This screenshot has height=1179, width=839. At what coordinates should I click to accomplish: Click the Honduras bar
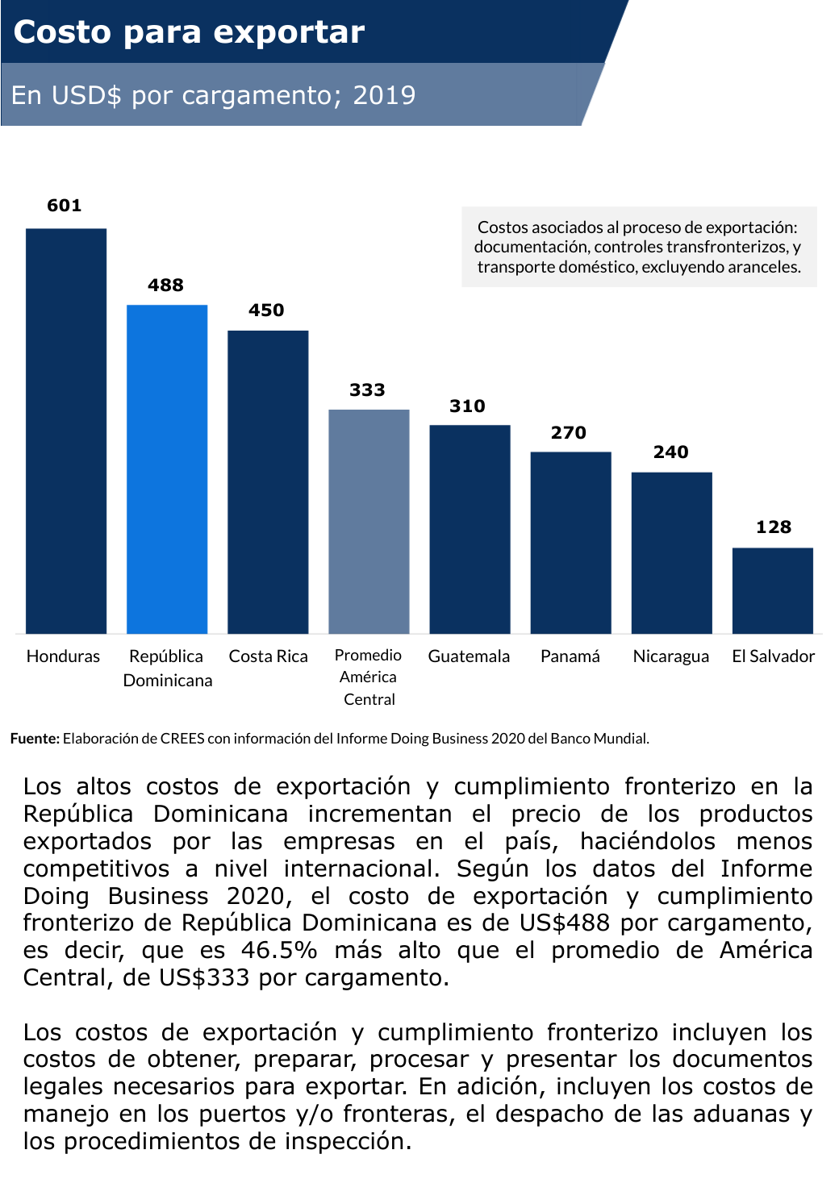[66, 431]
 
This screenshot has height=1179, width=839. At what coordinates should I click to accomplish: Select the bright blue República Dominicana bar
[167, 469]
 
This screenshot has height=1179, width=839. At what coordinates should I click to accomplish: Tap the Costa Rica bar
[268, 481]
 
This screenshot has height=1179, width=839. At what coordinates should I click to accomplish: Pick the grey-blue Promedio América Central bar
[369, 521]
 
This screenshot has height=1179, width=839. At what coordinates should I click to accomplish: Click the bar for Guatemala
[470, 529]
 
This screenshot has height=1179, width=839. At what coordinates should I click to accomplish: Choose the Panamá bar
[570, 542]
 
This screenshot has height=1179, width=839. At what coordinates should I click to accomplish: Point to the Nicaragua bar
[671, 552]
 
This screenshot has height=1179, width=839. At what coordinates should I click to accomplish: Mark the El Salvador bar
[772, 590]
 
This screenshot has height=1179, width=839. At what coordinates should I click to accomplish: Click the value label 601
[65, 206]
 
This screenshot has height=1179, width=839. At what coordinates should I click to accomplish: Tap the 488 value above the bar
[165, 285]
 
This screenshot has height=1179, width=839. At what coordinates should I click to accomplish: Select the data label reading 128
[773, 527]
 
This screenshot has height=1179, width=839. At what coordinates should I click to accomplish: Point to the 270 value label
[569, 433]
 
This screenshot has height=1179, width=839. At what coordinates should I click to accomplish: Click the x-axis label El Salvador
[773, 656]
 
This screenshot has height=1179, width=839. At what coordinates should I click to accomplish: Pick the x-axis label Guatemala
[469, 656]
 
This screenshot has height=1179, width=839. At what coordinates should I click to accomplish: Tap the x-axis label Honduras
[63, 656]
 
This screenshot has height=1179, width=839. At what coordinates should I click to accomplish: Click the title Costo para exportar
[189, 32]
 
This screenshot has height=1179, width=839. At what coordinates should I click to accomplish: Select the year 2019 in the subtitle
[384, 95]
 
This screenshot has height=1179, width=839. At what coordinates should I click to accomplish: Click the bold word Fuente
[35, 739]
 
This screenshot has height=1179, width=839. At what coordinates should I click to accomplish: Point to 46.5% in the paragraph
[279, 950]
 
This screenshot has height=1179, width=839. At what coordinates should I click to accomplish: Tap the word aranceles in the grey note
[762, 267]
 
